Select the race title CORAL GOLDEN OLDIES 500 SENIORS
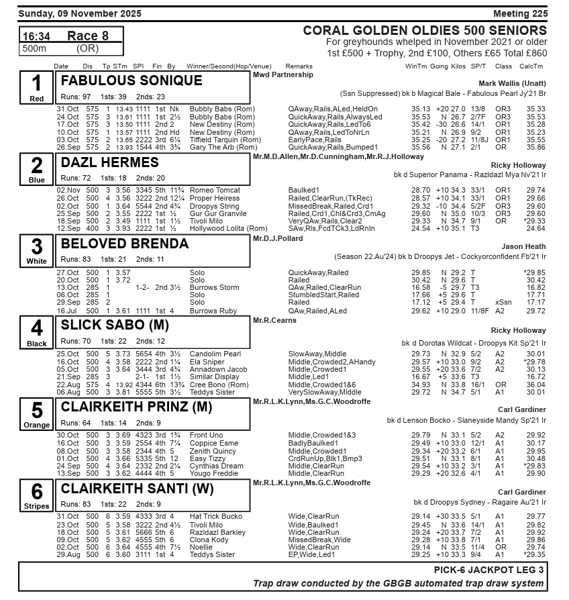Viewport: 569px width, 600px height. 425,31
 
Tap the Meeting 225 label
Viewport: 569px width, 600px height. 520,13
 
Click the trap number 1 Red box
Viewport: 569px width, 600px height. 36,87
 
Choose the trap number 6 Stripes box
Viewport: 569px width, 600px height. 36,495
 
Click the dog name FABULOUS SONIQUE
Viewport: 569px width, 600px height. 132,81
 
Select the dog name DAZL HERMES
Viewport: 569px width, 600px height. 110,162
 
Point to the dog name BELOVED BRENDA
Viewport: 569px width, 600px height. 125,244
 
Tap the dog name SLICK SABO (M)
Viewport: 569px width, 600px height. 115,326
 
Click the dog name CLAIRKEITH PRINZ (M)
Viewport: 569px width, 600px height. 136,407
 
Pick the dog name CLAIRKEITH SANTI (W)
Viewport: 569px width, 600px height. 138,489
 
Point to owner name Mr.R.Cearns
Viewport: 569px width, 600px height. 274,320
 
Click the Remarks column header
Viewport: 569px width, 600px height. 299,66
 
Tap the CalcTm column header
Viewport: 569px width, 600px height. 531,66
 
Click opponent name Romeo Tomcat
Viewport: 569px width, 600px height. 215,191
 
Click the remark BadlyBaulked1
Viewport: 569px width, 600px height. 313,444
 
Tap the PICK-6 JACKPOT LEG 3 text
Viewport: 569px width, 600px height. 489,569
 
